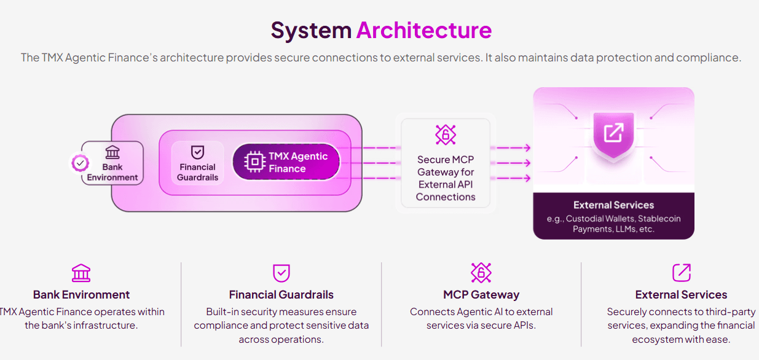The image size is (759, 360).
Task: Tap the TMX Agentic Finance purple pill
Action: pyautogui.click(x=286, y=163)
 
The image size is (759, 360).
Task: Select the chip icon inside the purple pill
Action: pyautogui.click(x=254, y=162)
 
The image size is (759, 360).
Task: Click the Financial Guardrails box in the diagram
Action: pyautogui.click(x=197, y=163)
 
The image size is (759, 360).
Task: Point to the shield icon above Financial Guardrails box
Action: pyautogui.click(x=197, y=152)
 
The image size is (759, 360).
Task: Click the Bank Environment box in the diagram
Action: pyautogui.click(x=112, y=163)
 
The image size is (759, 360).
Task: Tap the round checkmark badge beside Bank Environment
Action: pyautogui.click(x=81, y=163)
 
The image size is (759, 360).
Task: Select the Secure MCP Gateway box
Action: pyautogui.click(x=446, y=163)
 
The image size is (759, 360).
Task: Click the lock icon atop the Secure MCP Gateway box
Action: pyautogui.click(x=446, y=134)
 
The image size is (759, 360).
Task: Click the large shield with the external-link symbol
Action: pyautogui.click(x=613, y=133)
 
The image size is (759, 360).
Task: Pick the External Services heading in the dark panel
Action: pyautogui.click(x=613, y=205)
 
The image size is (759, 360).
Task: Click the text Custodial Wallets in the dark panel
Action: pyautogui.click(x=601, y=219)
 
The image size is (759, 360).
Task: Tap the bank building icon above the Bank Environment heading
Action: pyautogui.click(x=81, y=273)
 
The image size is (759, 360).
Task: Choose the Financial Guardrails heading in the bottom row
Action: pyautogui.click(x=281, y=295)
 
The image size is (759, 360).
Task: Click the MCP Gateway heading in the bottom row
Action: pyautogui.click(x=481, y=295)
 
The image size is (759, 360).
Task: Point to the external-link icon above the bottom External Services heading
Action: pyautogui.click(x=681, y=273)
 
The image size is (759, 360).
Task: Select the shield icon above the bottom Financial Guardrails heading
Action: pyautogui.click(x=281, y=273)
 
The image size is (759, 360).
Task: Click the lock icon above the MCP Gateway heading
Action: pyautogui.click(x=481, y=273)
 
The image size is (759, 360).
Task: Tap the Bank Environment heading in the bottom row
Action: pyautogui.click(x=81, y=295)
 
